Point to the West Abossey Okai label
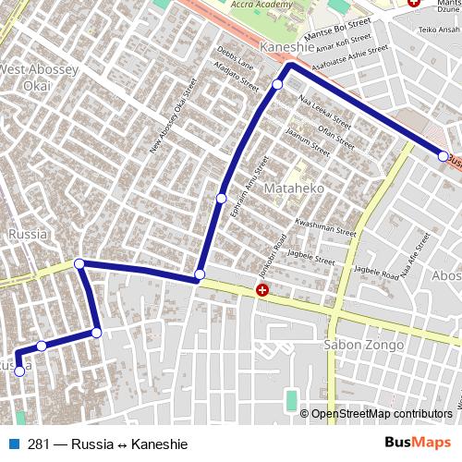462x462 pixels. coord(25,78)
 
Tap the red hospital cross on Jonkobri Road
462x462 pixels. coord(262,291)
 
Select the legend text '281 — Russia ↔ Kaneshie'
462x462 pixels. coord(107,444)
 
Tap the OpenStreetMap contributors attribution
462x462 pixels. coord(381,415)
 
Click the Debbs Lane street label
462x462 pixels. coord(234,57)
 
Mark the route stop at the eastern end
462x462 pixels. coord(444,155)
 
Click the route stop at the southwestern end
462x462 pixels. coord(19,371)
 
